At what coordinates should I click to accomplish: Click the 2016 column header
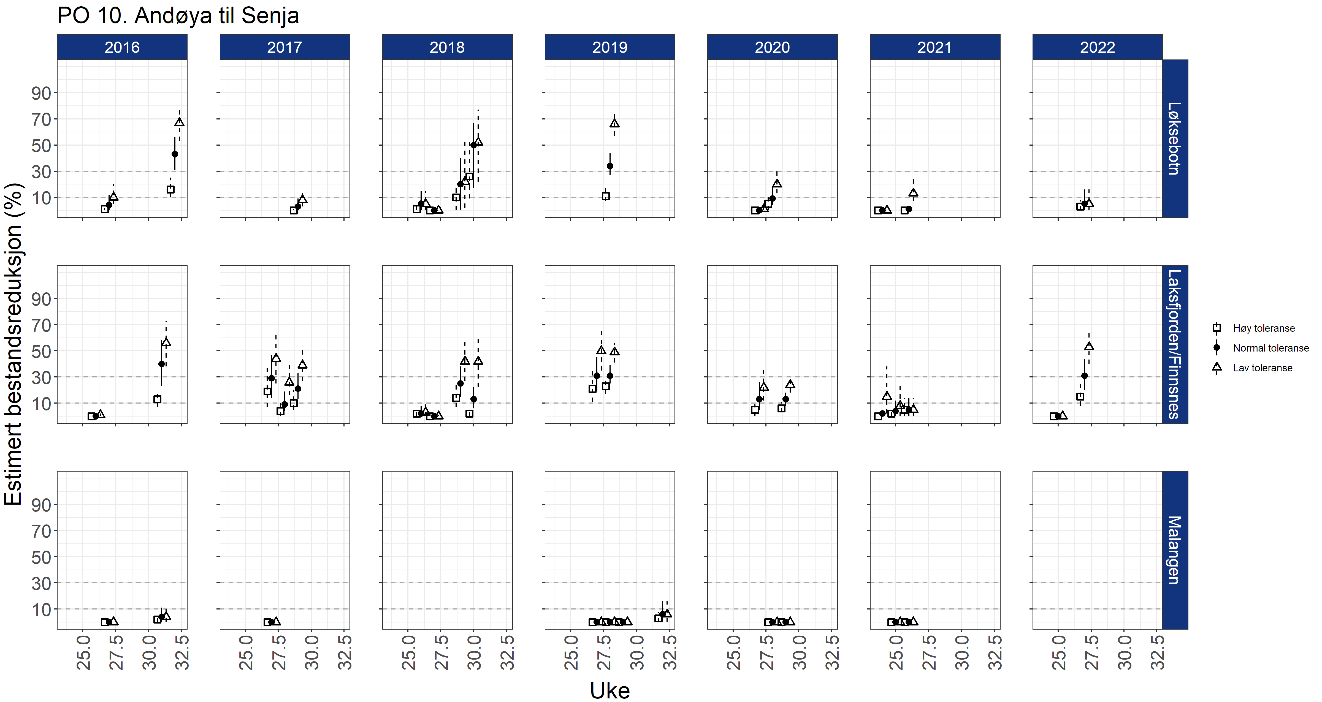122,47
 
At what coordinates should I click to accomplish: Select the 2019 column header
610,47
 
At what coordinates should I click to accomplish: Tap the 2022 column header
1097,47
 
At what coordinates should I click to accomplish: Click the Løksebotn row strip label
1175,138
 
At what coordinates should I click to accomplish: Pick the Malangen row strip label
1175,550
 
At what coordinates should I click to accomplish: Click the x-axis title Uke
610,690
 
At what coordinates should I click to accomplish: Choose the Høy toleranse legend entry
1264,328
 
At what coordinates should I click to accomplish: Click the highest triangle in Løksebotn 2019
614,123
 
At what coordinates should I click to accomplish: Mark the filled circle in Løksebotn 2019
610,166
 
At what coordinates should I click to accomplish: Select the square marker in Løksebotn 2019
606,196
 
